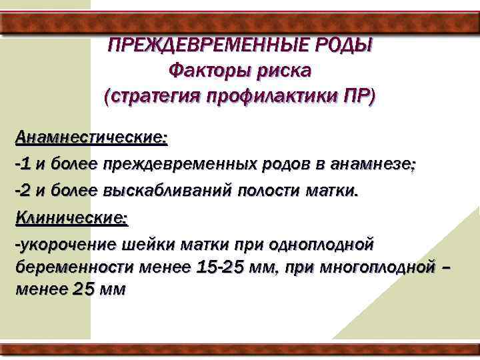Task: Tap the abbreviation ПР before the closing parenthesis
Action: click(355, 95)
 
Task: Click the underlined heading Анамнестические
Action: click(90, 138)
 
